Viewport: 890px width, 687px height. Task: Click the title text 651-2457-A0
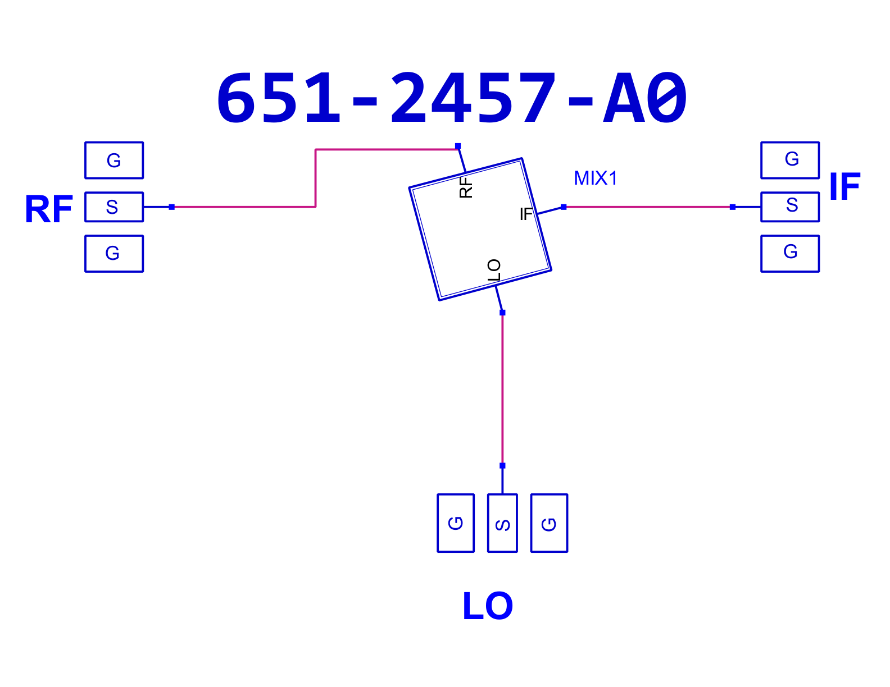click(451, 97)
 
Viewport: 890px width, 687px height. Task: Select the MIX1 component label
click(595, 178)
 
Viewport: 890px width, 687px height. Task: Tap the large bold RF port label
click(49, 209)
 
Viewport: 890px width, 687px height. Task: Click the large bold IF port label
click(844, 186)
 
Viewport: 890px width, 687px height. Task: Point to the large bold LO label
click(487, 606)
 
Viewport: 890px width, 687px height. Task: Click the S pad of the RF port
click(114, 207)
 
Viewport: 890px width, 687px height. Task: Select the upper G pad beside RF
click(114, 161)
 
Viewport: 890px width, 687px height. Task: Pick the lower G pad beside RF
click(114, 254)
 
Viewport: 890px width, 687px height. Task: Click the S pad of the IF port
click(790, 207)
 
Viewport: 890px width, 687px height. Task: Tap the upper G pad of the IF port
click(790, 161)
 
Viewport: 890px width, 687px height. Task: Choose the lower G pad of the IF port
click(790, 254)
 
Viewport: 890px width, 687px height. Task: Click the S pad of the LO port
click(502, 523)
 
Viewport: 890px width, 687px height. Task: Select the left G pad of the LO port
click(456, 523)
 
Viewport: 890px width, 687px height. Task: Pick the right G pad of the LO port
click(550, 523)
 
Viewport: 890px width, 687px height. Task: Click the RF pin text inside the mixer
click(466, 187)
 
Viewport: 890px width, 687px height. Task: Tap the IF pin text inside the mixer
click(526, 214)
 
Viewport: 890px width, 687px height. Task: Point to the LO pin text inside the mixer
click(494, 270)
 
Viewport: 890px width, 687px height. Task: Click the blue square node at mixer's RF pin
click(458, 146)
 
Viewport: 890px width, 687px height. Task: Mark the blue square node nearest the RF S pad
click(171, 207)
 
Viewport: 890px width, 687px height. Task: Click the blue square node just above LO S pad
click(502, 466)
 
